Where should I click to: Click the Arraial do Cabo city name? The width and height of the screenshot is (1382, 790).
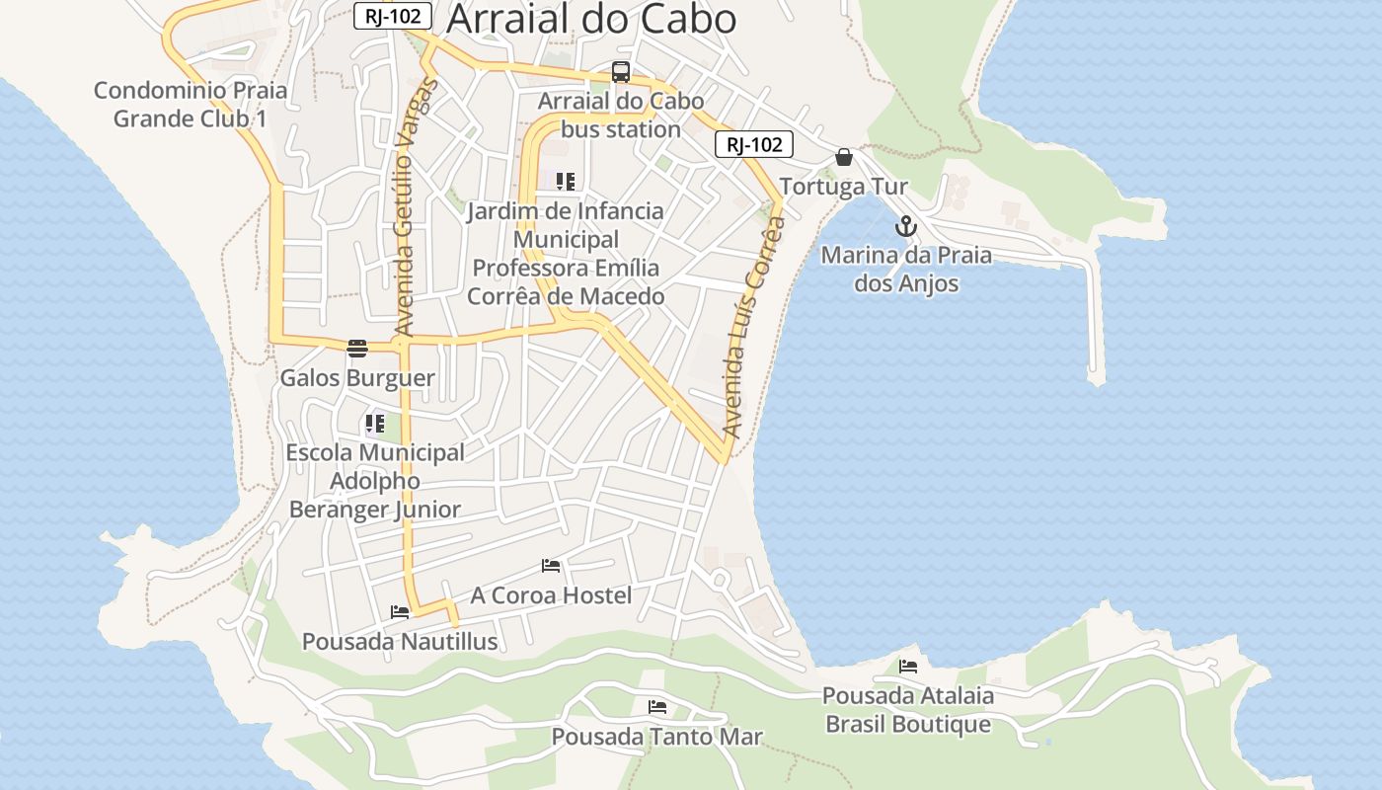[591, 19]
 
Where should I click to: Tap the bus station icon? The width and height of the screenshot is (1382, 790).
[620, 72]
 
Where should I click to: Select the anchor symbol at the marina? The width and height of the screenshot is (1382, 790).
[905, 226]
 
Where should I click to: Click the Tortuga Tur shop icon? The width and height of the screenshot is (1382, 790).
[844, 157]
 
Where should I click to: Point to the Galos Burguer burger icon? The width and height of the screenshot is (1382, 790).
[357, 348]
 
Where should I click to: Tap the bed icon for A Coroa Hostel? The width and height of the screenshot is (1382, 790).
[551, 566]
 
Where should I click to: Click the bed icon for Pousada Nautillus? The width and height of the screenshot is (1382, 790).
[400, 612]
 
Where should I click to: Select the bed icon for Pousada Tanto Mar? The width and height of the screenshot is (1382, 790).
[657, 707]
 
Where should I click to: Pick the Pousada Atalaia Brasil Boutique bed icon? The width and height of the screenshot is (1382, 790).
[908, 667]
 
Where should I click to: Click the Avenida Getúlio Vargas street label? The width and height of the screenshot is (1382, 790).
[414, 207]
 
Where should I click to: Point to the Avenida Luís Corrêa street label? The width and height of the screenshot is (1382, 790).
[753, 326]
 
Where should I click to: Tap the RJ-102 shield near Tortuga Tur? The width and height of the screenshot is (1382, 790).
[754, 145]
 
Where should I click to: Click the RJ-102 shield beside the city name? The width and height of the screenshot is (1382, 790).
[393, 16]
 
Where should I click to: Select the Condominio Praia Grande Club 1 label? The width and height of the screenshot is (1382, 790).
[191, 105]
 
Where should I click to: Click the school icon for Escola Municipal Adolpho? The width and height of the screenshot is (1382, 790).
[374, 425]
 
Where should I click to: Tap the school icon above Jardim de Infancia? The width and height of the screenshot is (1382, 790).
[565, 182]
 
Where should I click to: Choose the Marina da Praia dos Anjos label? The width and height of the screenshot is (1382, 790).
[906, 270]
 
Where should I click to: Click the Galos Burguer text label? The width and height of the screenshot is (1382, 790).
[357, 378]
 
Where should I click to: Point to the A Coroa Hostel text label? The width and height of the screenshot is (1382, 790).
[551, 595]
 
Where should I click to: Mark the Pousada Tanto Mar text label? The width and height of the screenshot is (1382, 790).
[657, 737]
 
